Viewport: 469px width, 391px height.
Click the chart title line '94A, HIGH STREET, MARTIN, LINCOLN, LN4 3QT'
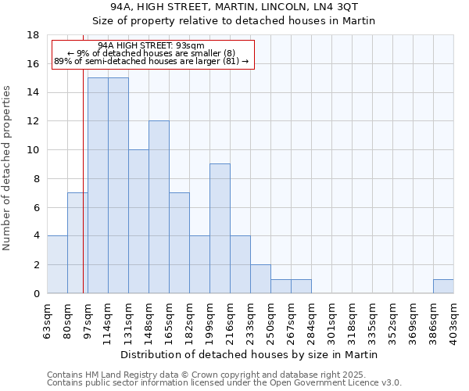point(234,6)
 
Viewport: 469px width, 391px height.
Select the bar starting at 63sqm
point(57,264)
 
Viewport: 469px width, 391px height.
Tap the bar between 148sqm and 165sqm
point(159,207)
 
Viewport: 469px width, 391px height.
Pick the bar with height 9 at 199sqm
point(220,228)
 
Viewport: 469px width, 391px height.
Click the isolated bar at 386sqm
point(443,286)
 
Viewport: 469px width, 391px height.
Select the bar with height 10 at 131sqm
point(138,221)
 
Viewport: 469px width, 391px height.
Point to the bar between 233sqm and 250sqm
point(260,279)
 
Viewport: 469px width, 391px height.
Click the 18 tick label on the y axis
point(33,35)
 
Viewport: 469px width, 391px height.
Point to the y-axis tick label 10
point(33,150)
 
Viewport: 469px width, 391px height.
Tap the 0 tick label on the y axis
point(36,293)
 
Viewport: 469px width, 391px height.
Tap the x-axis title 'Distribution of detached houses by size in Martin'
point(250,354)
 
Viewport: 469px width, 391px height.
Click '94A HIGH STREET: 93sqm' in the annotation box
point(152,46)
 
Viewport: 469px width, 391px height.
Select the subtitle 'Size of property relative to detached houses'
point(234,20)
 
